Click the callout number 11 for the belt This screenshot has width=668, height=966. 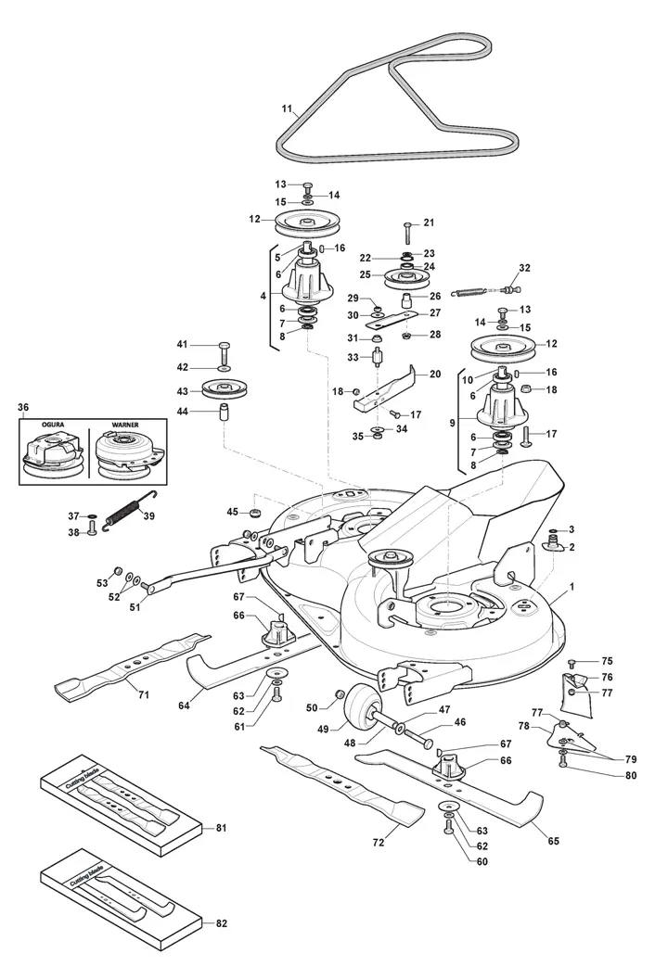pos(287,108)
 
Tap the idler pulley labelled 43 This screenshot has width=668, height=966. pos(221,389)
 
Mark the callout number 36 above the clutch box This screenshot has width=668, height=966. pos(23,406)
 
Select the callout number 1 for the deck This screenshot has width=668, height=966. pos(572,588)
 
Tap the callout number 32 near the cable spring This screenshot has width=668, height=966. pos(524,268)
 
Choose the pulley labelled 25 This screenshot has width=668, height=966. pos(405,276)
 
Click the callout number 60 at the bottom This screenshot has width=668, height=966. pos(481,861)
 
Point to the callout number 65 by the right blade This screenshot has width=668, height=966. pos(553,841)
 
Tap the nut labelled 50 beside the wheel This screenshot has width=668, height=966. pos(340,694)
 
